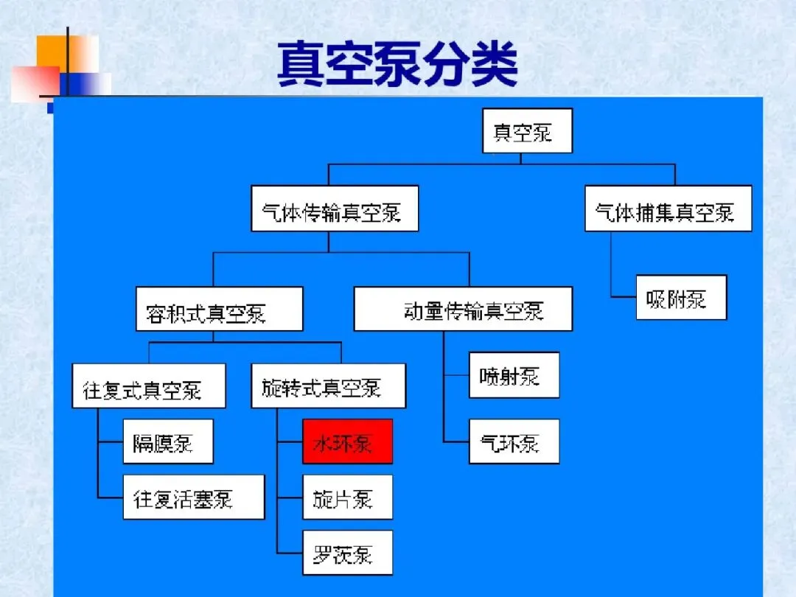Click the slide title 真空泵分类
point(397,65)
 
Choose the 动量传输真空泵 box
point(463,309)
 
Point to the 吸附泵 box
point(681,298)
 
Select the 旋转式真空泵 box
point(328,385)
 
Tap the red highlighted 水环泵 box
point(347,441)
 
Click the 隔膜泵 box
point(167,441)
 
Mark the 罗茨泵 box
point(347,553)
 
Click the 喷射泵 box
point(514,375)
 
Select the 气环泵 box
point(514,441)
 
